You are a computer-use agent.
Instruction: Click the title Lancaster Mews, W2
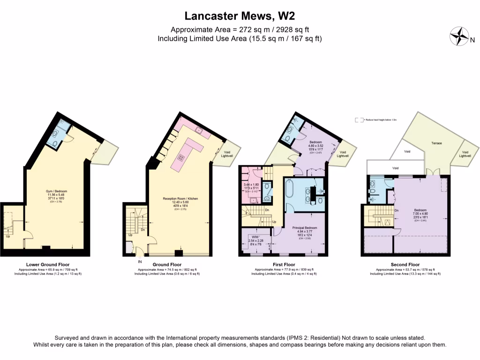[x=240, y=16]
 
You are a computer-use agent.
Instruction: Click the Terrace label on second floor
[x=437, y=143]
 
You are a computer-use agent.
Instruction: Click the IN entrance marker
[x=139, y=261]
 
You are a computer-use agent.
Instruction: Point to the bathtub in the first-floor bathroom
[x=289, y=193]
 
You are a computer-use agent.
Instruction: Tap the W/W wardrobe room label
[x=255, y=236]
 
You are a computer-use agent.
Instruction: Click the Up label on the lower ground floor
[x=8, y=236]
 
